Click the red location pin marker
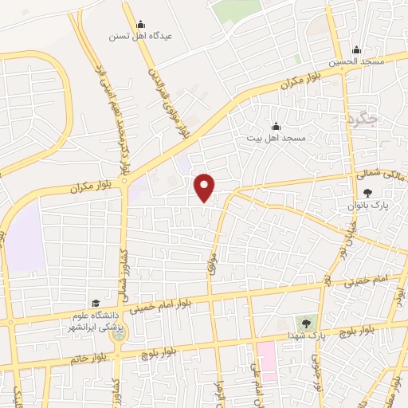206,186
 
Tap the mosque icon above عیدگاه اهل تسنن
140,24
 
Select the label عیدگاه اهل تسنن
140,37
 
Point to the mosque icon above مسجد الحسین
356,49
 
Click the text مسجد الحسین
356,62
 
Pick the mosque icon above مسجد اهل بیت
276,125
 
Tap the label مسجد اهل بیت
277,138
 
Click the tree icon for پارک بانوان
367,192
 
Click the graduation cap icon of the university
96,304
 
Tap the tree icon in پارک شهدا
306,323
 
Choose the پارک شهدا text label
305,336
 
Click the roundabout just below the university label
120,335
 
